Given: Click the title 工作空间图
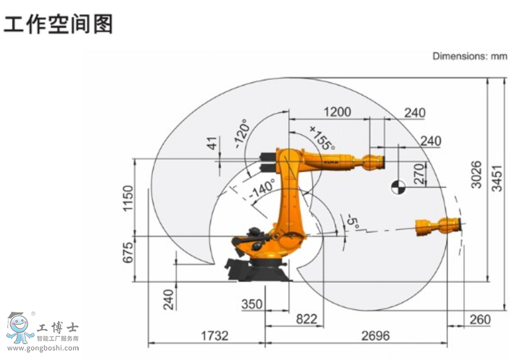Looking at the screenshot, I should [58, 24].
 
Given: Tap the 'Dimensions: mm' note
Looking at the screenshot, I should [469, 56].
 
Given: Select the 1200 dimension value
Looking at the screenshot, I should [338, 112].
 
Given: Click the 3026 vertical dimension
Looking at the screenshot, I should [476, 175].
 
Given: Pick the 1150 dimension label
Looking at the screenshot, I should [128, 199].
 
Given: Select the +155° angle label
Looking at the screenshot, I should [322, 138].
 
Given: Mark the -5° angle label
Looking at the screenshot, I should [351, 223].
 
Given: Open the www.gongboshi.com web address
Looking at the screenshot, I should [43, 348].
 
